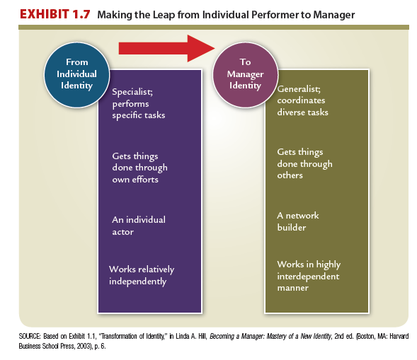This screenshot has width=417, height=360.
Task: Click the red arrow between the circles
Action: pyautogui.click(x=167, y=48)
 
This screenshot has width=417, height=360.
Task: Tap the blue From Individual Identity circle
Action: pyautogui.click(x=77, y=75)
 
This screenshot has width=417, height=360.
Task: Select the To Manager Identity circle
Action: pyautogui.click(x=245, y=75)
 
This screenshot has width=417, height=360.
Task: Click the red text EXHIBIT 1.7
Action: pyautogui.click(x=55, y=14)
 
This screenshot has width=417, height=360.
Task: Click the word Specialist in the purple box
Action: pyautogui.click(x=132, y=92)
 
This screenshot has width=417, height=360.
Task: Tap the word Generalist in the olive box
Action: pyautogui.click(x=299, y=88)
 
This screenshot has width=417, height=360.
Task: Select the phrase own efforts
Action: pyautogui.click(x=135, y=180)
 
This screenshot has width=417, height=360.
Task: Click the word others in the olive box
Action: pyautogui.click(x=290, y=175)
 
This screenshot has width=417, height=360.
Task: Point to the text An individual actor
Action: pyautogui.click(x=139, y=226)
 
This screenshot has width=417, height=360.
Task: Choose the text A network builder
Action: pyautogui.click(x=298, y=221)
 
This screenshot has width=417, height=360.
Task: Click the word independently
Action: pyautogui.click(x=138, y=281)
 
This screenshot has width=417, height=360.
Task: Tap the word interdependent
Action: pyautogui.click(x=308, y=277)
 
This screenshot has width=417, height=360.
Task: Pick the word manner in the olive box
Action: pyautogui.click(x=293, y=288)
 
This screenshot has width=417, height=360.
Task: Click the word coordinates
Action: pyautogui.click(x=301, y=100)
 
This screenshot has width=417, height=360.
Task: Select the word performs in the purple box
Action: pyautogui.click(x=130, y=104)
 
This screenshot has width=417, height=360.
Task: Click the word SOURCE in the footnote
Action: pyautogui.click(x=30, y=337)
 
